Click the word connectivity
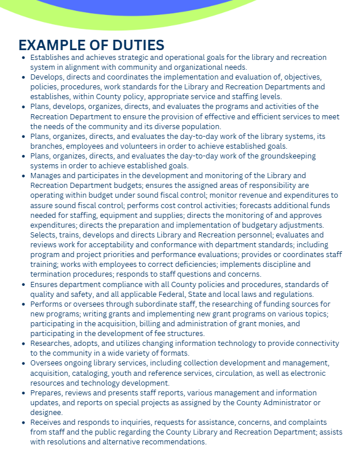(x=313, y=343)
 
